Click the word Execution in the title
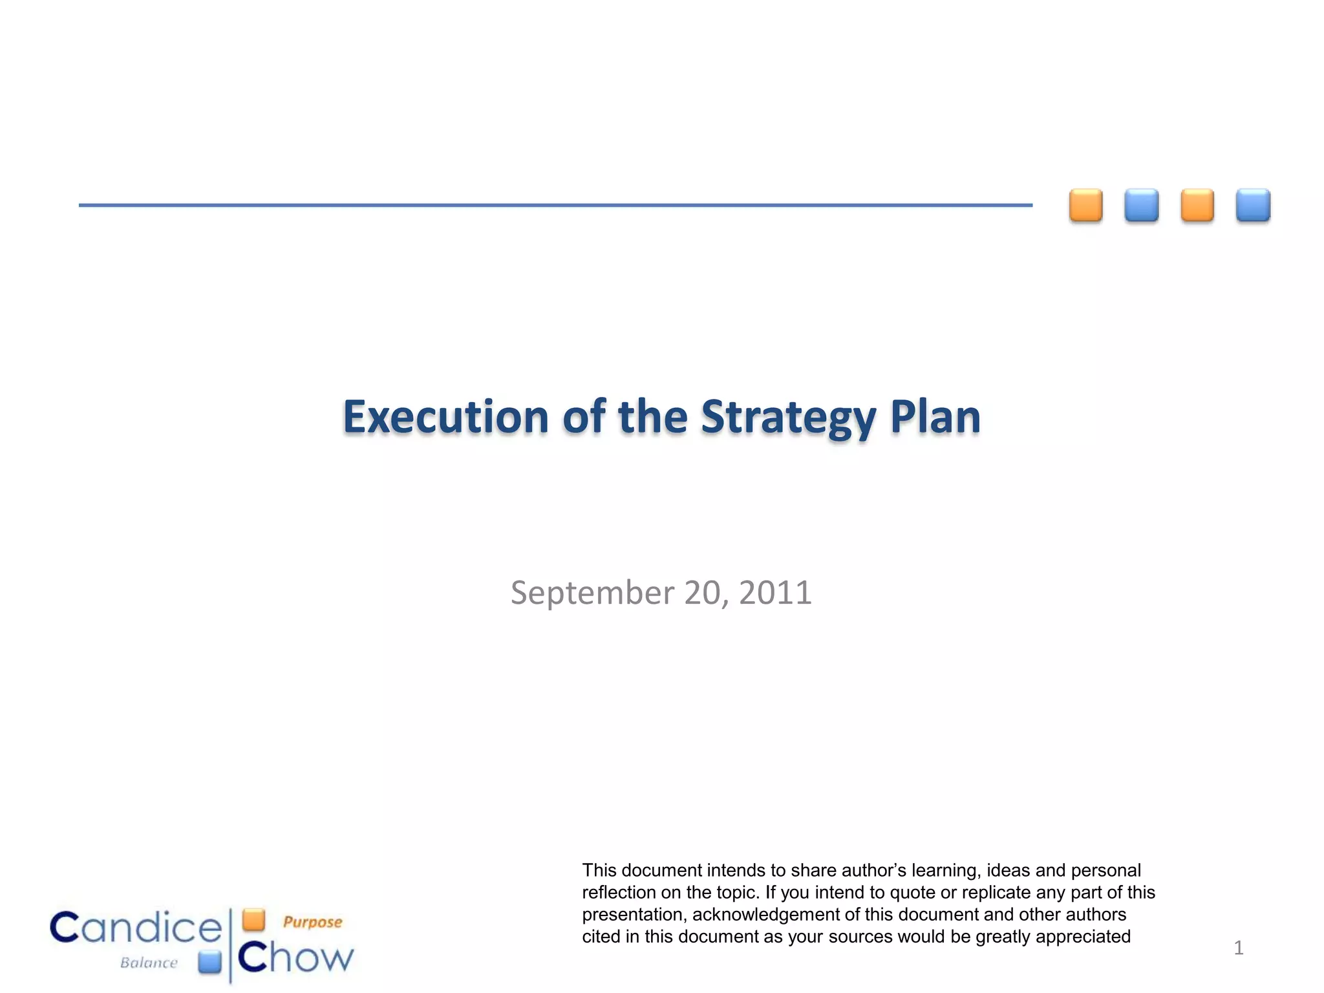click(x=445, y=417)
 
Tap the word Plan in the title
click(x=935, y=417)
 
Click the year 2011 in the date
click(x=775, y=593)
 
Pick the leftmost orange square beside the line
click(x=1085, y=206)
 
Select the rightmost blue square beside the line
click(x=1253, y=206)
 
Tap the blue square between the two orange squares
click(x=1141, y=206)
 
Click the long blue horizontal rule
click(x=555, y=205)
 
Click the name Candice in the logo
click(x=136, y=928)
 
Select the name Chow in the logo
click(x=296, y=957)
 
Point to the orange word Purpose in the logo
click(x=312, y=922)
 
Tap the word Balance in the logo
click(x=149, y=963)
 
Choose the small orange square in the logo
click(x=253, y=919)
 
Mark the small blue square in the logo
click(x=209, y=962)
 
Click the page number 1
click(x=1238, y=948)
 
